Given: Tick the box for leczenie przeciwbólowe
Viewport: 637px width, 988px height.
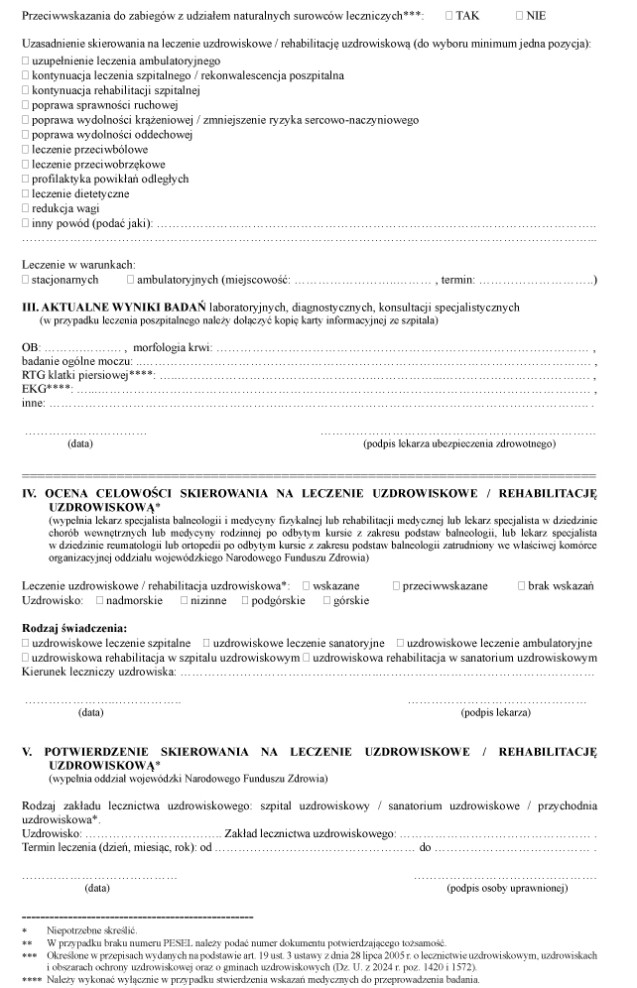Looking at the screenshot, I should click(25, 149).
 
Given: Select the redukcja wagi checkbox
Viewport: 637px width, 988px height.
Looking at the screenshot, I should click(25, 208).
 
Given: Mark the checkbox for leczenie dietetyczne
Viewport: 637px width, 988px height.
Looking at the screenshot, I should click(25, 193).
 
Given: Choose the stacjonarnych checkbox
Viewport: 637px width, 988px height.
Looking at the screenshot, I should click(25, 281).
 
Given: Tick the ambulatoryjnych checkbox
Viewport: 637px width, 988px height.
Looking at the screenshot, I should click(130, 281).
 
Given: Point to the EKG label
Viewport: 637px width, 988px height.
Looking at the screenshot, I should click(38, 390).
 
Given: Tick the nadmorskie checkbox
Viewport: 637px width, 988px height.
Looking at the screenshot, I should click(100, 601).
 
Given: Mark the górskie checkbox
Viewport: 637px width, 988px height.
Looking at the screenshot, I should click(327, 601).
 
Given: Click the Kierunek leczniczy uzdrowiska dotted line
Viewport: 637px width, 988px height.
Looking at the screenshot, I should click(387, 673).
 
